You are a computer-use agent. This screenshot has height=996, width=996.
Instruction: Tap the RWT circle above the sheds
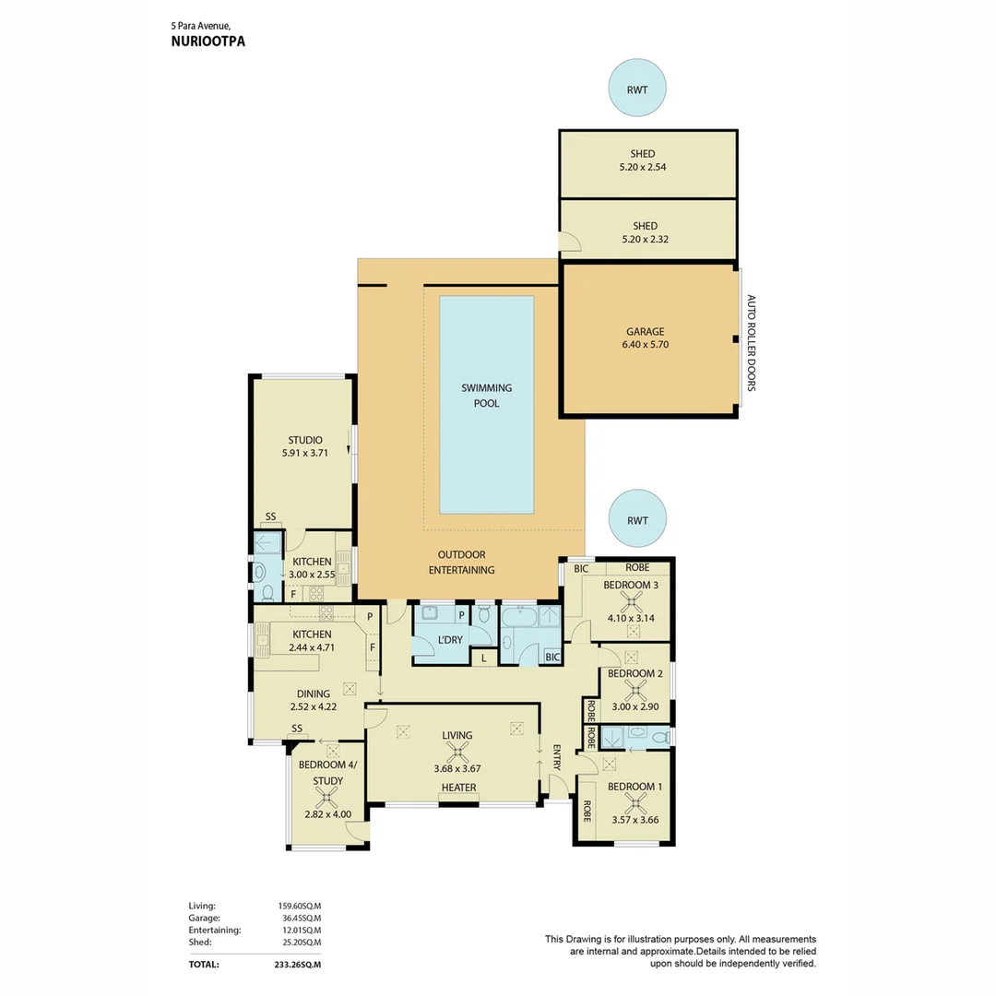tap(637, 90)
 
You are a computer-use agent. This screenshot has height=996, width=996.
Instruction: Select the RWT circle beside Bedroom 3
tap(637, 520)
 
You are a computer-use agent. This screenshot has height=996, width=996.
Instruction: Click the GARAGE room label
tap(646, 332)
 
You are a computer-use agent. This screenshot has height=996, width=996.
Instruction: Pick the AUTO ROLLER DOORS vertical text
tap(751, 343)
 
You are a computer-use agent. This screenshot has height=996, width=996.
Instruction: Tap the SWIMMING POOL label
tap(486, 396)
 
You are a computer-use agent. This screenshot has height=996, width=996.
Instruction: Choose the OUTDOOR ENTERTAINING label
tap(461, 563)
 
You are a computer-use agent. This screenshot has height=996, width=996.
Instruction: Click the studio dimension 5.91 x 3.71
tap(304, 454)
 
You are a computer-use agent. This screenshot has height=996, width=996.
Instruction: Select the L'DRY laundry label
tap(450, 639)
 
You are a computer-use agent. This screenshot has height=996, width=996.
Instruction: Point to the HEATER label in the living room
tap(458, 788)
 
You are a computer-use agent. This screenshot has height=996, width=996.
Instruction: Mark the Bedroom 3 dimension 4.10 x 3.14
tap(633, 618)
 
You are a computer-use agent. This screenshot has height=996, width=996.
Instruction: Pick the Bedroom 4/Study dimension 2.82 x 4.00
tap(328, 814)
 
